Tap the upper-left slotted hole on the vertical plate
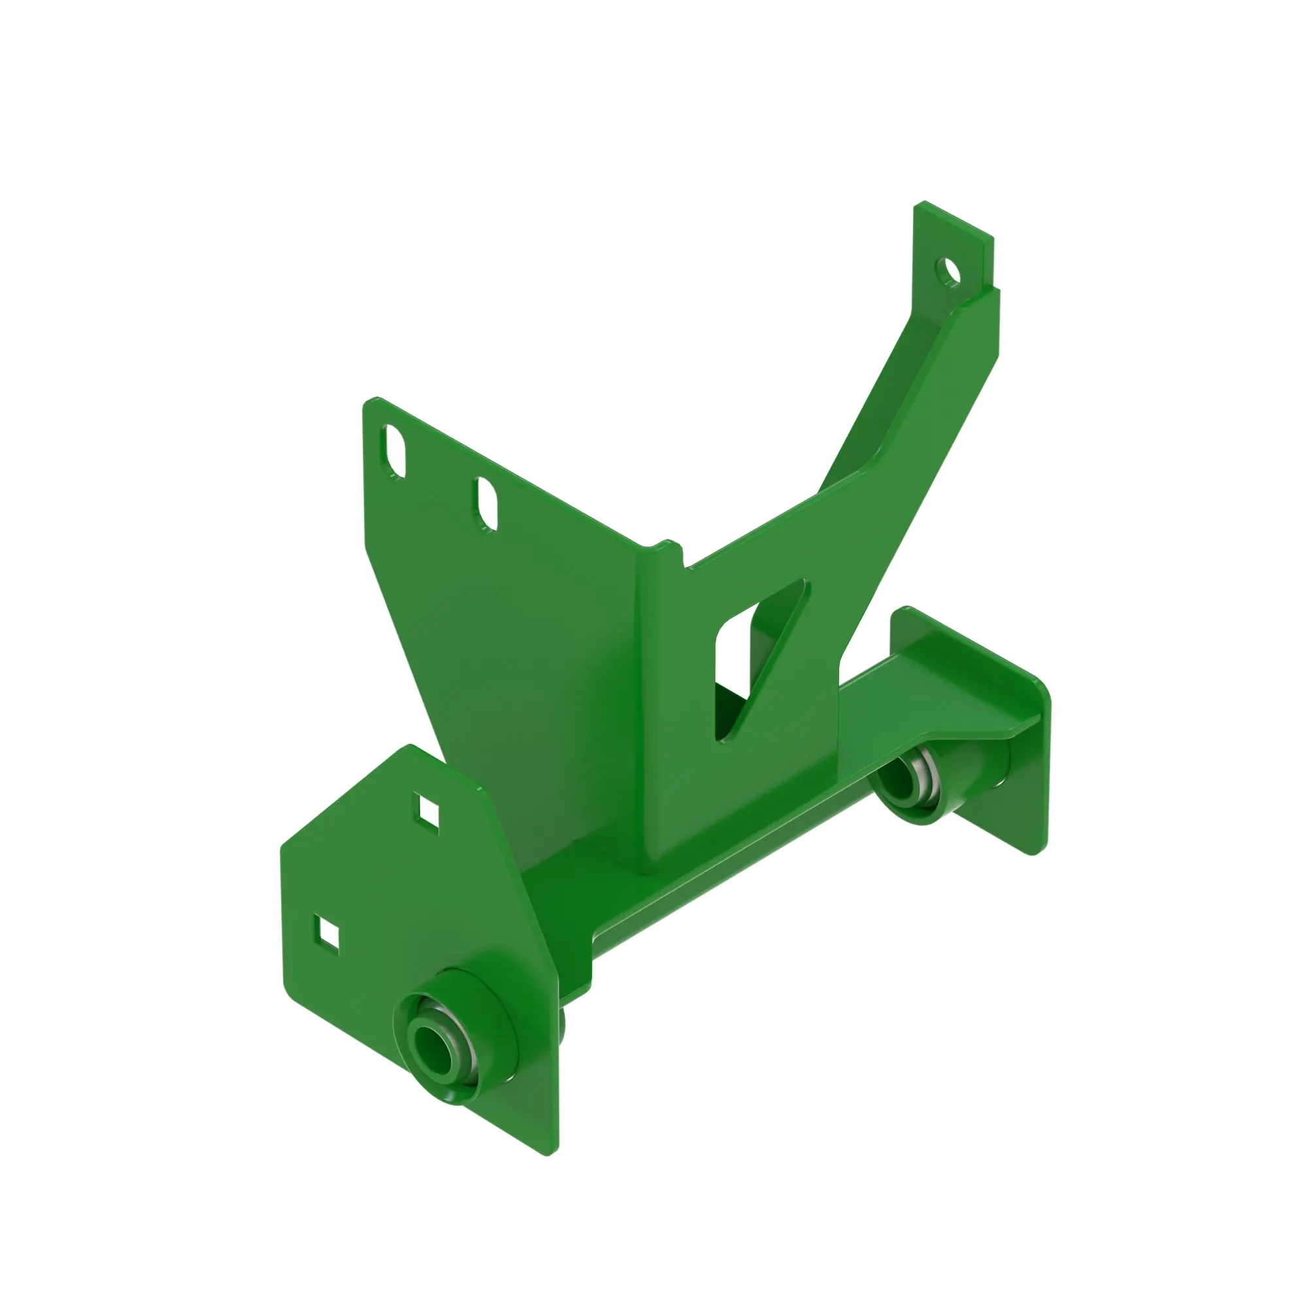coord(396,450)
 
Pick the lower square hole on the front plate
coord(327,936)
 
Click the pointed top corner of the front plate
coord(410,748)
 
